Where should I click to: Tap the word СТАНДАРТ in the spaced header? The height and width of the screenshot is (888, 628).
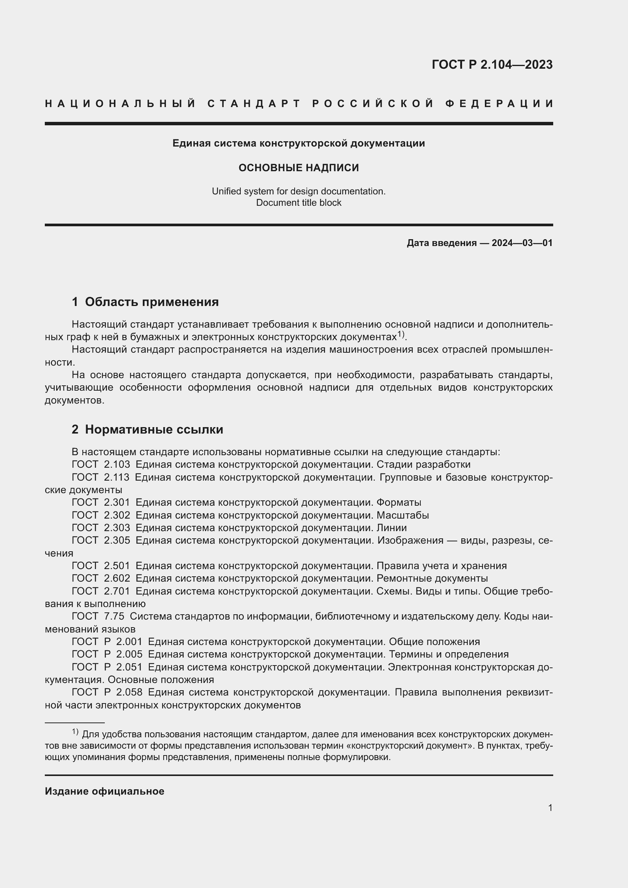pos(254,104)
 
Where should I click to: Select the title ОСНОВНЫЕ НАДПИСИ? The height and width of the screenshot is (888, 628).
pos(298,168)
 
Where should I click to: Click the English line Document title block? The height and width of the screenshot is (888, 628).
pos(298,203)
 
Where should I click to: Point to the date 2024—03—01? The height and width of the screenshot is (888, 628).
pos(522,243)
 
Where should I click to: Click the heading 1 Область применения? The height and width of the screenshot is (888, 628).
pos(145,302)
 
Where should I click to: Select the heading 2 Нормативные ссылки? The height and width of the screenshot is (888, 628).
pos(147,429)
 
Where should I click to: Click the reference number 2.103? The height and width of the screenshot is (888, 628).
pos(117,464)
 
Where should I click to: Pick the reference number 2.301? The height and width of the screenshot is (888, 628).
pos(117,502)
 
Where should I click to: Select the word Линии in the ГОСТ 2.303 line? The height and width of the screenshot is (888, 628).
pos(391,528)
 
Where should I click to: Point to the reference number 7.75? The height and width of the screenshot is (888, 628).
pos(114,616)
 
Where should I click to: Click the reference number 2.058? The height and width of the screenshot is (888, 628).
pos(129,692)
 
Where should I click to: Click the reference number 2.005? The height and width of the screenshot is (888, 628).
pos(129,655)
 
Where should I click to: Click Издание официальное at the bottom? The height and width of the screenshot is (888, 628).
pos(104,791)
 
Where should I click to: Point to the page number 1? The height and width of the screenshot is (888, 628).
pos(550,808)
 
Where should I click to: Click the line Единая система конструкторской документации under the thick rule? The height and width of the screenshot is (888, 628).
pos(298,144)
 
